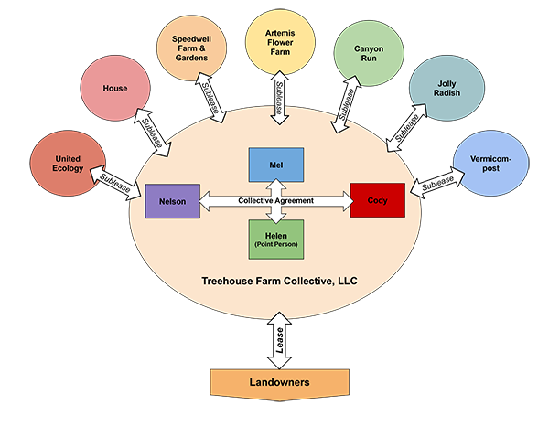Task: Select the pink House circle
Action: (115, 88)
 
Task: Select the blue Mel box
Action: (274, 164)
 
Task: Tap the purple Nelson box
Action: (172, 200)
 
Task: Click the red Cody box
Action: (377, 200)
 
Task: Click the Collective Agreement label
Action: (274, 200)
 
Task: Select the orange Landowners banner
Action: (280, 381)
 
